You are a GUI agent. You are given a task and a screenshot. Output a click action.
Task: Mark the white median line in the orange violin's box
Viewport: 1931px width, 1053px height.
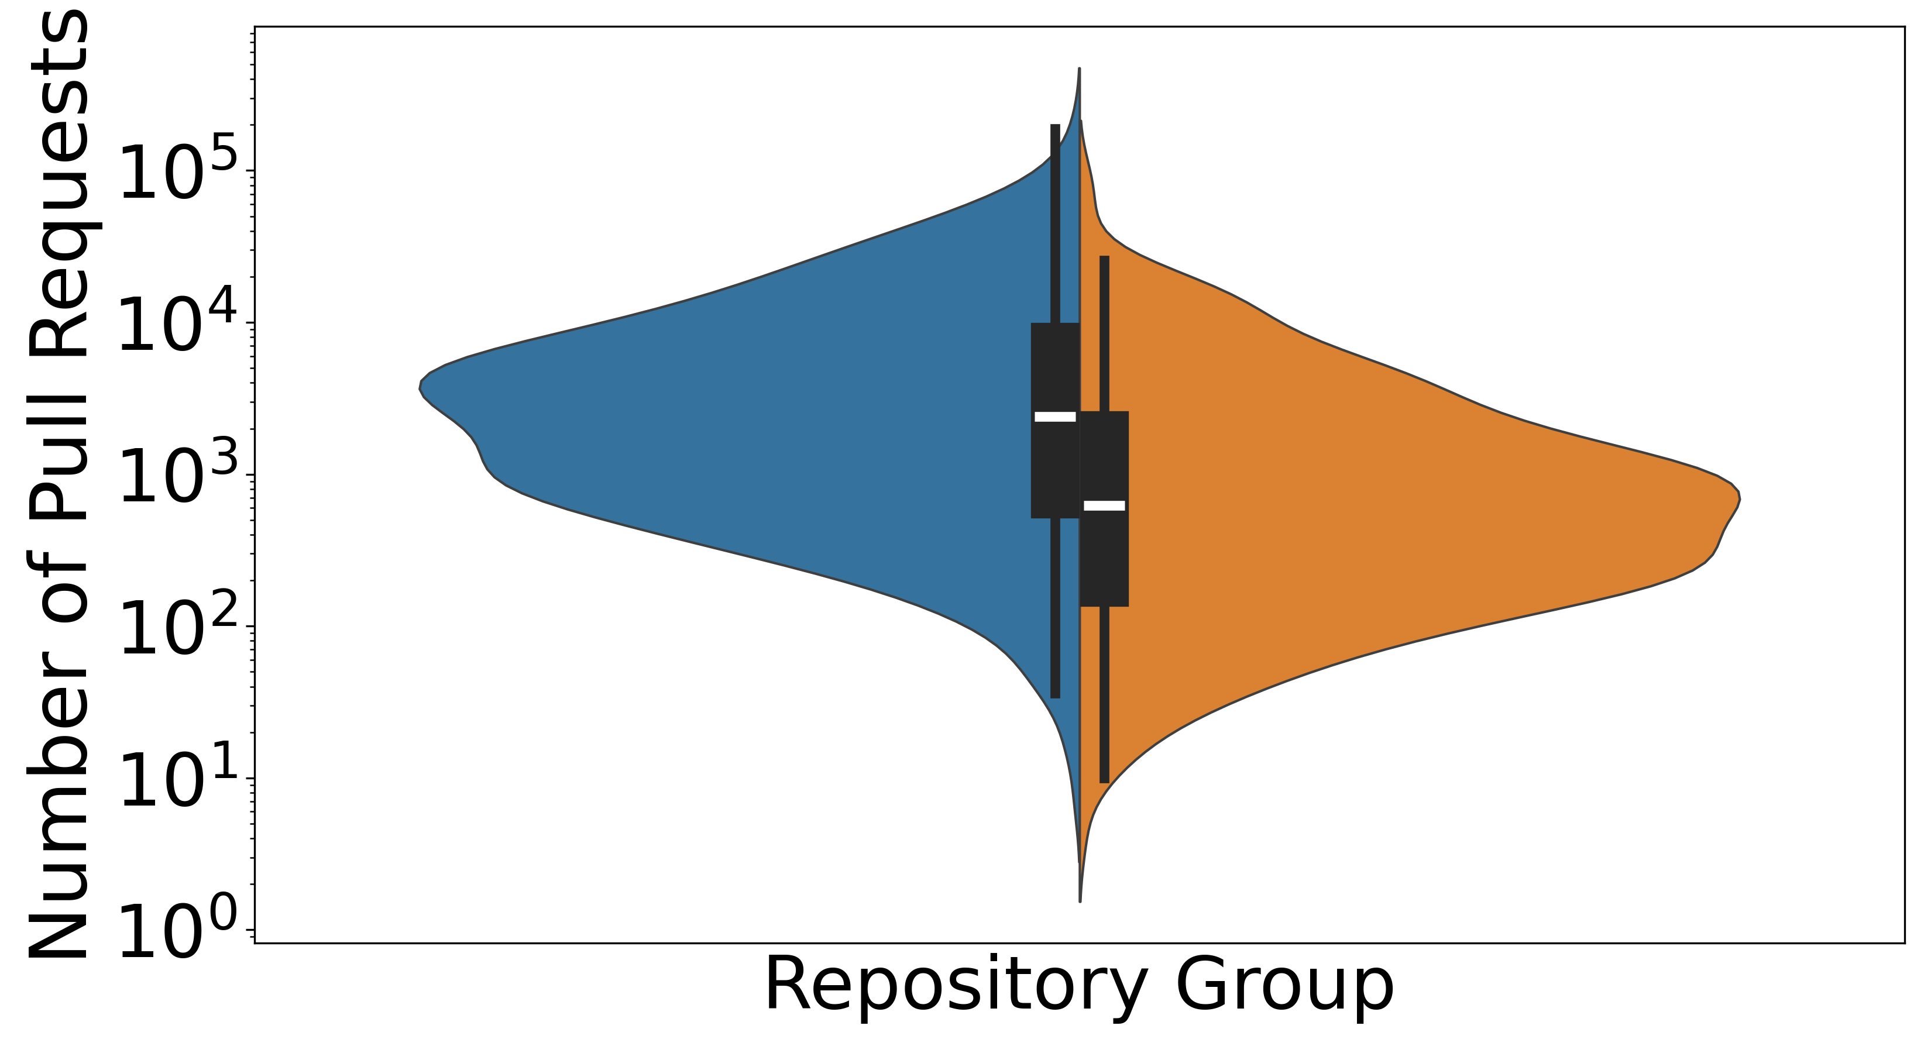1104,505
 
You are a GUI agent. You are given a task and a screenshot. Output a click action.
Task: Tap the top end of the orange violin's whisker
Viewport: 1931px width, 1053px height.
1104,256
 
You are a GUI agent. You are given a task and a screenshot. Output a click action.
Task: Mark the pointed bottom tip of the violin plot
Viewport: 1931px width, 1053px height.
1080,901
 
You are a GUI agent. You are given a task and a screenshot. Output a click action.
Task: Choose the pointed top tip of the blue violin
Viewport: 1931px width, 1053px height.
1078,68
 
